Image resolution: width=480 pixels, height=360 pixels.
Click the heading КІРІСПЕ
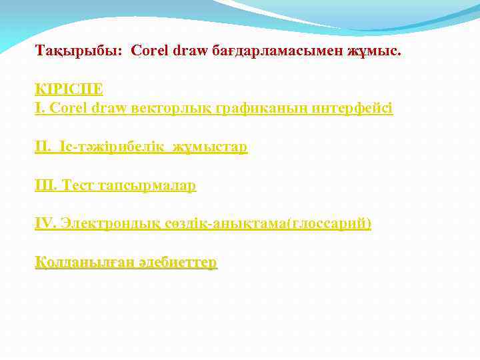[69, 89]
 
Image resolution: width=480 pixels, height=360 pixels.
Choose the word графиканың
[263, 107]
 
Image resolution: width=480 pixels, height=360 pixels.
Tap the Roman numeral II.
[43, 147]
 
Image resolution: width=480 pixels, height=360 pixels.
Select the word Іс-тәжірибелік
[107, 147]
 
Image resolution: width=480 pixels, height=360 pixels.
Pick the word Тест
[77, 185]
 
